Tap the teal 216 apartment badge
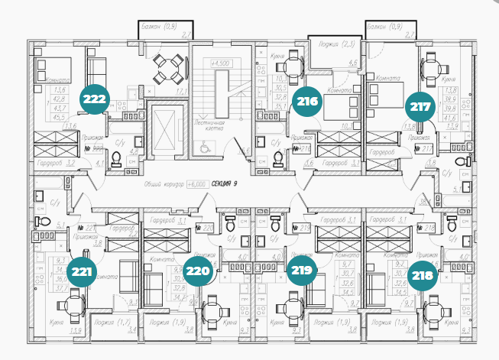pos(308,101)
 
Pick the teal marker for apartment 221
pos(80,270)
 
